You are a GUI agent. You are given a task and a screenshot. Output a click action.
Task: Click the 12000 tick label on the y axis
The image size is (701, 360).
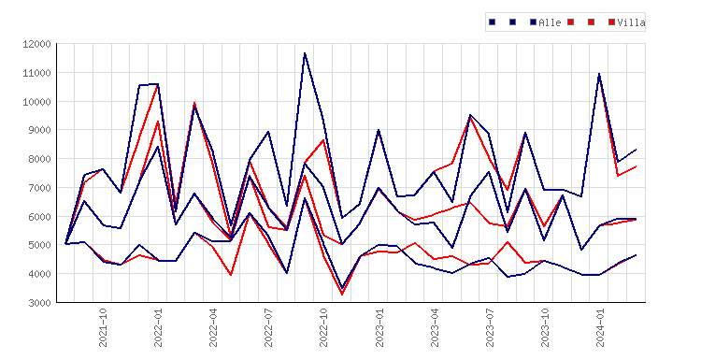tap(36, 44)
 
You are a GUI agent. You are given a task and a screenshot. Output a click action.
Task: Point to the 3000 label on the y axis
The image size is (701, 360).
tap(39, 303)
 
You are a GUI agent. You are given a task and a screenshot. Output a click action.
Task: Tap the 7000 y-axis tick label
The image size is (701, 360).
tap(39, 188)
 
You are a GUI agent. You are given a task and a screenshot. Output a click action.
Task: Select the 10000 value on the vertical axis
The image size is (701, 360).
tap(36, 102)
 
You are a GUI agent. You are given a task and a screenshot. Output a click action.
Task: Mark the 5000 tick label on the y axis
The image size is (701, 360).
tap(39, 245)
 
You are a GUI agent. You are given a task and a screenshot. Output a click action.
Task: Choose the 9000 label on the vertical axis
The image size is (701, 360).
tap(39, 130)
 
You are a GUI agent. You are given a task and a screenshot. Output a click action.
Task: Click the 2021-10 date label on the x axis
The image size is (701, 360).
tap(103, 327)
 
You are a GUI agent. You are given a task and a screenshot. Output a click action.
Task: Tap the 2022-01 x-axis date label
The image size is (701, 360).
tap(158, 327)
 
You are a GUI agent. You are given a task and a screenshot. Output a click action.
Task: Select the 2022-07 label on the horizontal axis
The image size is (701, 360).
tap(268, 327)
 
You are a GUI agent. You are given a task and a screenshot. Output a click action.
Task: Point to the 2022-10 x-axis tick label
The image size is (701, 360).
tap(323, 327)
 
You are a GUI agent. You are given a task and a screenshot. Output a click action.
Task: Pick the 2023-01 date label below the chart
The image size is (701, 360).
tap(379, 327)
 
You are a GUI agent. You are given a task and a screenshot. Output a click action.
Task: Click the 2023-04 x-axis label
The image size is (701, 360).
tap(435, 327)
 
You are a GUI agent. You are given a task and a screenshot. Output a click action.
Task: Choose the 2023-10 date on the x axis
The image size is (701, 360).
tap(545, 327)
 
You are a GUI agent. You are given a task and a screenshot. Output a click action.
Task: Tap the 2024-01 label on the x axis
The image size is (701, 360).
tap(600, 327)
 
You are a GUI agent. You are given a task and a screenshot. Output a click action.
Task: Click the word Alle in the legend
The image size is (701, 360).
tap(550, 22)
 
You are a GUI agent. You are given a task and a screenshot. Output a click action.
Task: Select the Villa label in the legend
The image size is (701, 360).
tap(631, 22)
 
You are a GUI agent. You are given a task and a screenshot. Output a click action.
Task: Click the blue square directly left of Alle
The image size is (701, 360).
tap(533, 22)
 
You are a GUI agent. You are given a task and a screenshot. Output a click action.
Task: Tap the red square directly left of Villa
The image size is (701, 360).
tap(611, 22)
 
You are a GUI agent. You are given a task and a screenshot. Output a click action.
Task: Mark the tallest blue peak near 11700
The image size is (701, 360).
tap(305, 52)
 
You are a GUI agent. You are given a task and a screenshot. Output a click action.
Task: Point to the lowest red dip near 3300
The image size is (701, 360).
tap(342, 295)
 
